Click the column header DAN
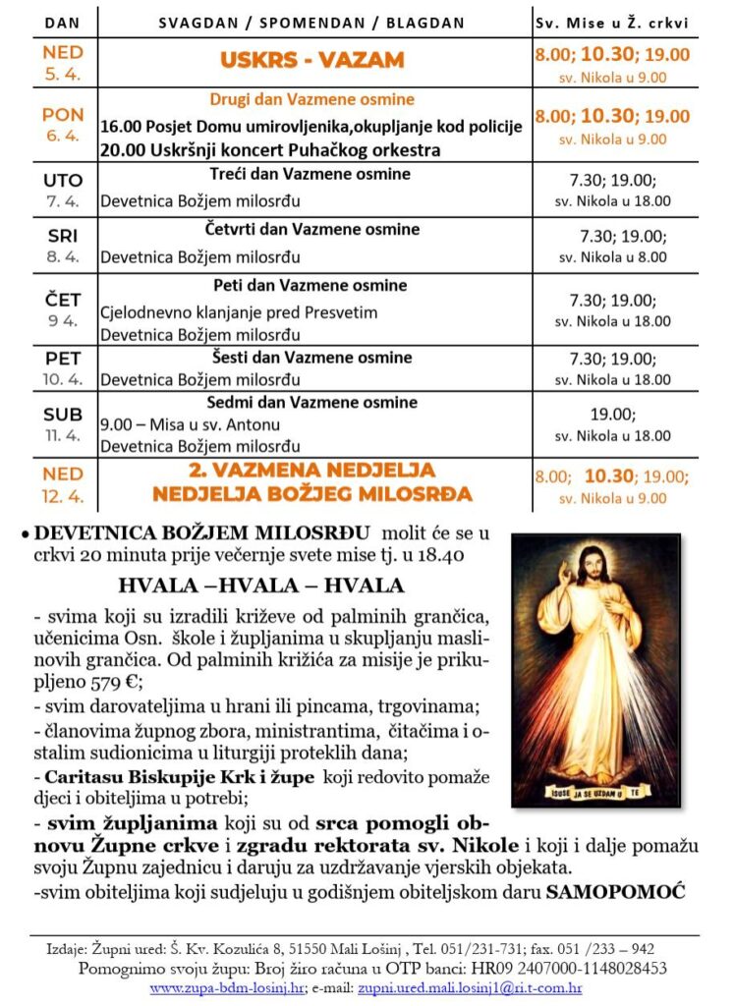[63, 23]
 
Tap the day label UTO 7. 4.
[63, 191]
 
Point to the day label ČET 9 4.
[63, 308]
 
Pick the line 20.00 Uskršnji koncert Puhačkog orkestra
[270, 149]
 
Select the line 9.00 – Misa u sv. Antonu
[191, 424]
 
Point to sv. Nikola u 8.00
[612, 256]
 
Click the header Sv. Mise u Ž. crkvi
[611, 23]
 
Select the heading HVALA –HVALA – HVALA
[260, 586]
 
